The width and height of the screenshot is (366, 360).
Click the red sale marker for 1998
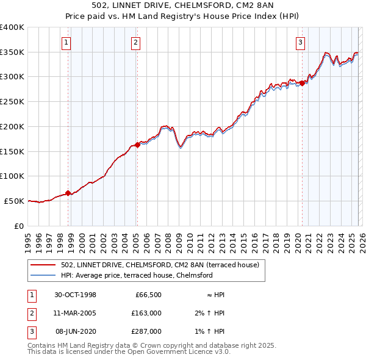(x=68, y=193)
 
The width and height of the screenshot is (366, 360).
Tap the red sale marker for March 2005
(x=137, y=145)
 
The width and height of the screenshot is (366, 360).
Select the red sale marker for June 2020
(x=302, y=84)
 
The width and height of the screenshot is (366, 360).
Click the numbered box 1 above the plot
(x=66, y=42)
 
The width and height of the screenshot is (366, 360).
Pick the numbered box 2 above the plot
(x=135, y=42)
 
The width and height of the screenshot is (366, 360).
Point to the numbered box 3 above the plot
(x=301, y=42)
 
